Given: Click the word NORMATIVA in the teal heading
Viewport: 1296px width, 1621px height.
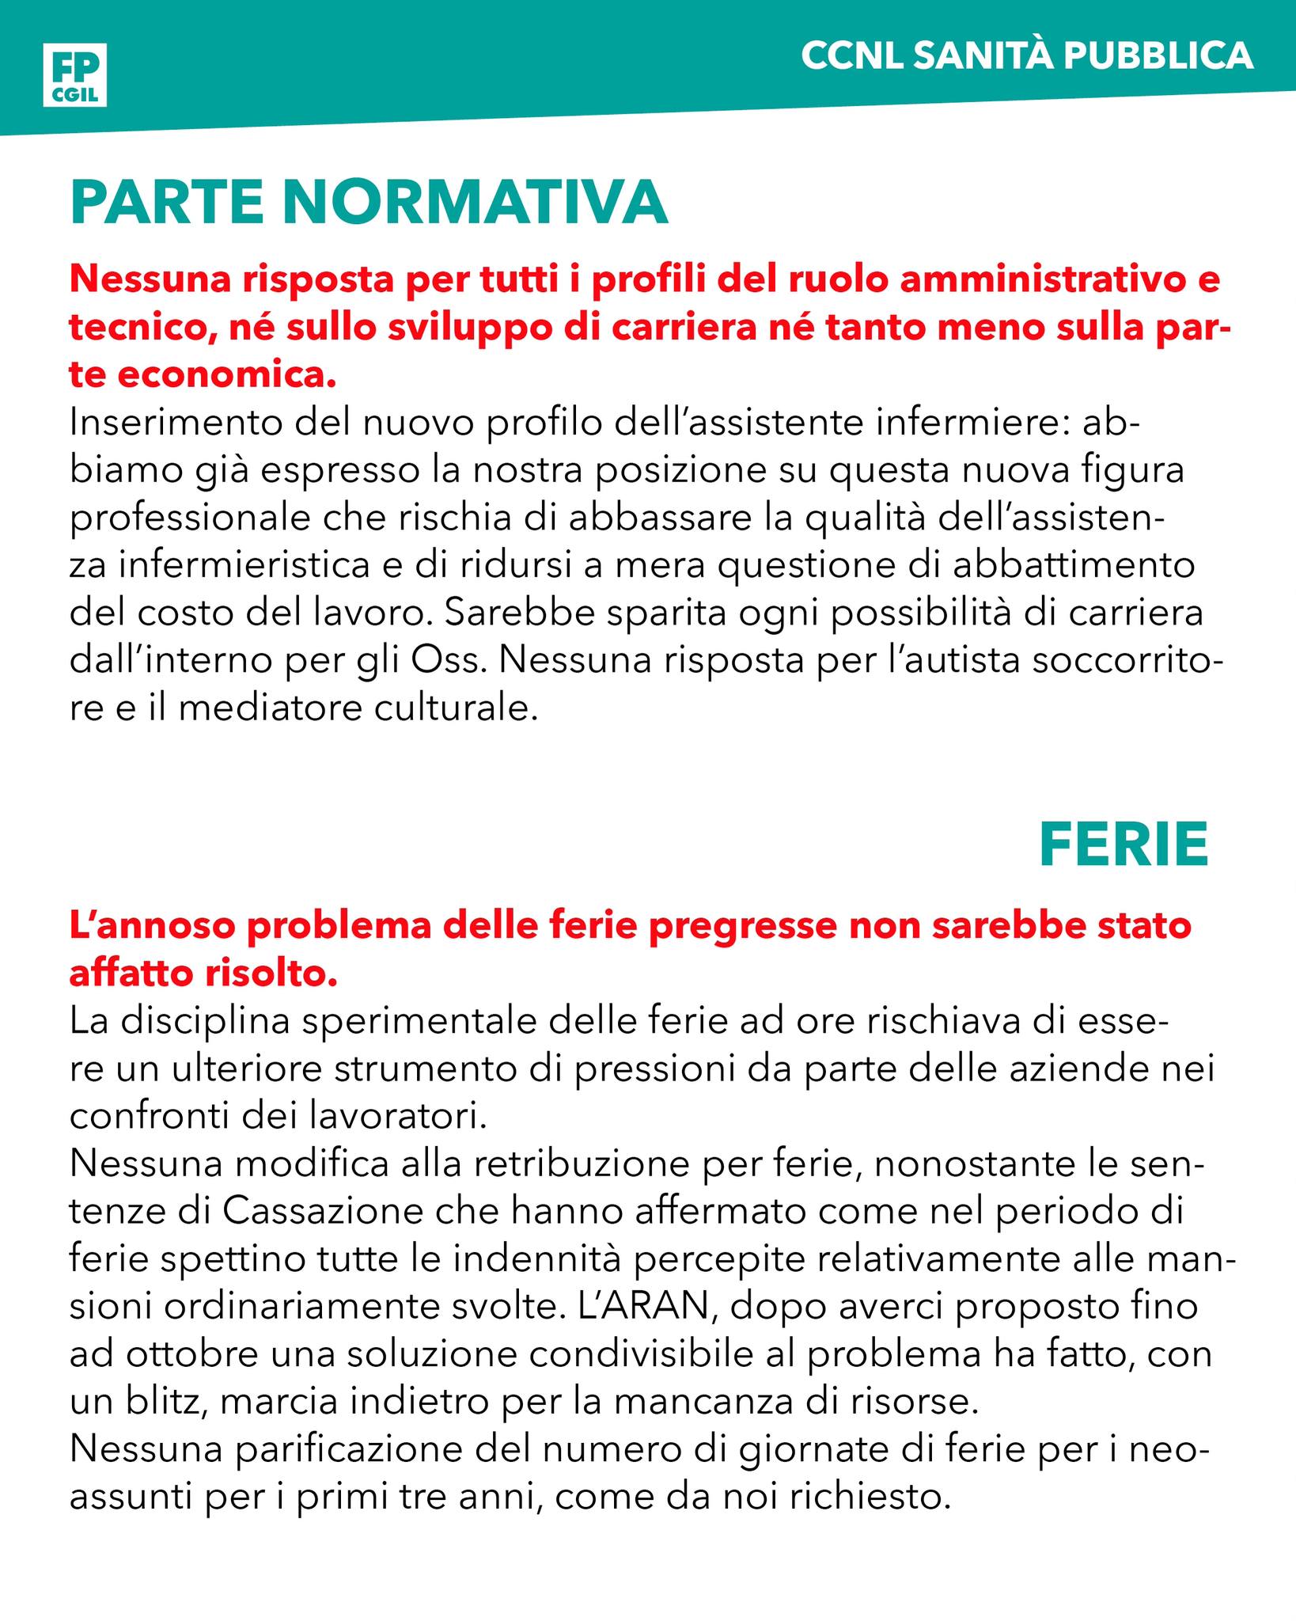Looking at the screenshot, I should point(475,203).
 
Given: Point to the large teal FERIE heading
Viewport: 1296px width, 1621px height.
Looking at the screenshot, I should point(1124,845).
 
